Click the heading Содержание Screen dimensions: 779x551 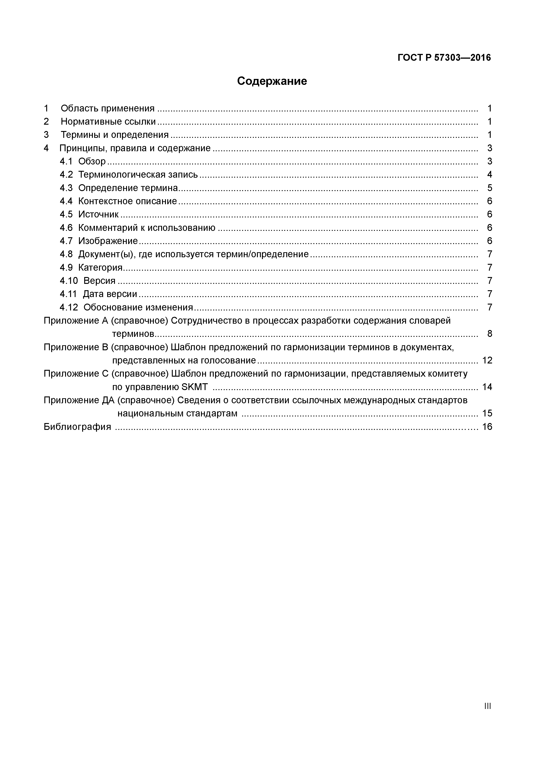pos(272,81)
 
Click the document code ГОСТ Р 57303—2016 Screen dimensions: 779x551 pos(444,58)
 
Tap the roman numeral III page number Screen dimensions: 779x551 pos(488,706)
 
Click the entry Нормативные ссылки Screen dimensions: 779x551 pos(108,121)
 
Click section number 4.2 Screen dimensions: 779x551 pos(66,175)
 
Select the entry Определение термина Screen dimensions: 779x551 pos(128,188)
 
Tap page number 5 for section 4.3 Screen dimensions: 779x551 pos(489,188)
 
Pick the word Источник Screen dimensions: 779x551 pos(99,214)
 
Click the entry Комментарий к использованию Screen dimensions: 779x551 pos(147,228)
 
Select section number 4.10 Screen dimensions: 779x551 pos(69,281)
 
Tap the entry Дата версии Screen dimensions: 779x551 pos(110,294)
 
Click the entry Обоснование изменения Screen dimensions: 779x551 pos(138,308)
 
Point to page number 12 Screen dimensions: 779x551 pos(487,360)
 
